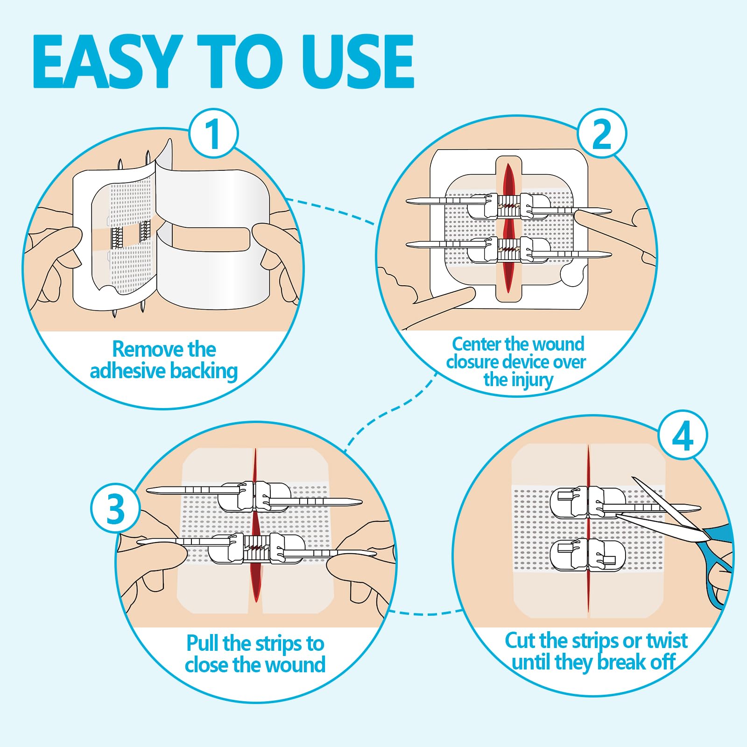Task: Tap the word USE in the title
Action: click(x=357, y=62)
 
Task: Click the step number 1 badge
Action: click(x=213, y=134)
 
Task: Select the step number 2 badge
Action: click(x=602, y=134)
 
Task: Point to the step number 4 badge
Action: click(x=683, y=436)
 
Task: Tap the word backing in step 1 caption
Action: click(x=204, y=372)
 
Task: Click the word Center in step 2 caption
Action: click(x=476, y=344)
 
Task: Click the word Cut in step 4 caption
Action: click(x=520, y=641)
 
